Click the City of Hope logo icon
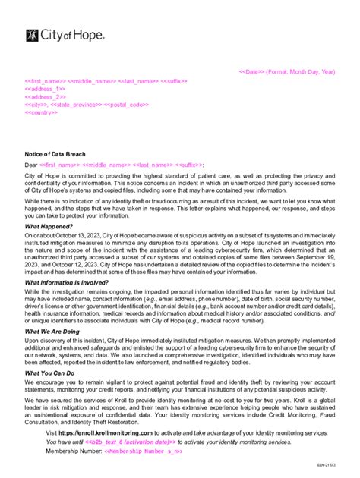pos(32,34)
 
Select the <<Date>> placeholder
pos(252,71)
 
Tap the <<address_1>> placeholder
pos(45,89)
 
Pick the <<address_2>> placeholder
pos(45,96)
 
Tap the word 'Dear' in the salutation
pos(31,164)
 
